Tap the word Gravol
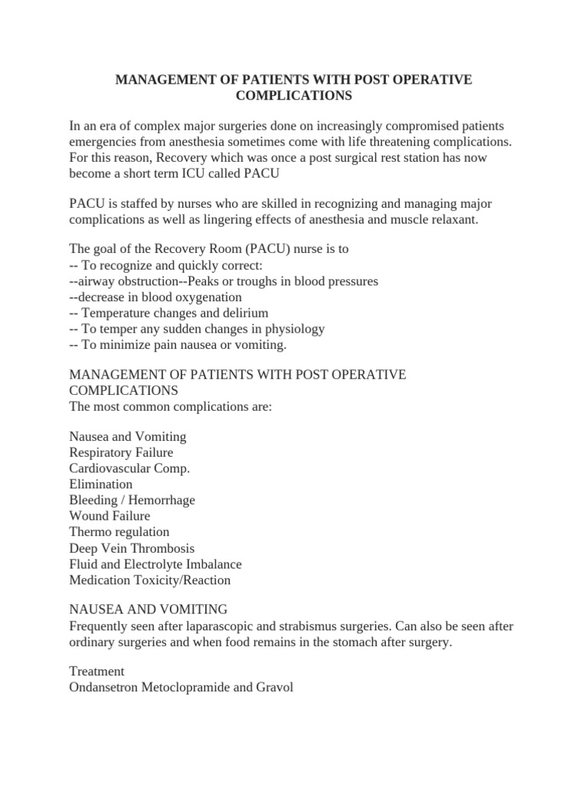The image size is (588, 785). (274, 688)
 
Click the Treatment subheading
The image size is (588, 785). (96, 672)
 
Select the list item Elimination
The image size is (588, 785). (100, 484)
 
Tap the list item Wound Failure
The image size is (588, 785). (109, 516)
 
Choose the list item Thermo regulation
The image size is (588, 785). (119, 532)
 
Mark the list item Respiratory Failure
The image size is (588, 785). (121, 452)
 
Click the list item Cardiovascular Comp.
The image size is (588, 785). (129, 468)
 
